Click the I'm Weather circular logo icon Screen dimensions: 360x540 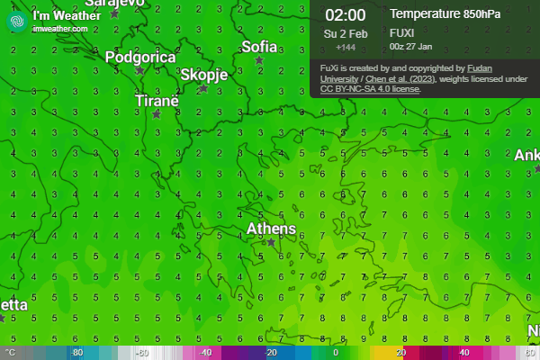coord(15,21)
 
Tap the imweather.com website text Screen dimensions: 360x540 coord(59,29)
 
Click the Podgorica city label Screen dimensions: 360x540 coord(140,58)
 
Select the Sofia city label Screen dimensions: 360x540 coord(259,47)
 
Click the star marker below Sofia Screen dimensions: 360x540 coord(260,61)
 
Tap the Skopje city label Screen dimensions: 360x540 coord(203,75)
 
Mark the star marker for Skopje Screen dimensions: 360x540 coord(203,88)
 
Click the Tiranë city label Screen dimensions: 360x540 coord(157,101)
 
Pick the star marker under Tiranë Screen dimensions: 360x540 coord(157,114)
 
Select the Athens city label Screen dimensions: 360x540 coord(271,229)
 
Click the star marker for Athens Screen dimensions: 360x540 coord(270,242)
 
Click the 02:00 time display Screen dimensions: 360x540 coord(345,14)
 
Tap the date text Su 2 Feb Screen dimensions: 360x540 coord(345,33)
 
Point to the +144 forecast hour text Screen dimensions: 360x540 coord(345,47)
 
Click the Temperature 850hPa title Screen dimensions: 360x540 coord(441,13)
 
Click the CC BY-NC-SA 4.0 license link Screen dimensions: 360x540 coord(356,89)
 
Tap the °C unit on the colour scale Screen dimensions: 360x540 coord(11,353)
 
